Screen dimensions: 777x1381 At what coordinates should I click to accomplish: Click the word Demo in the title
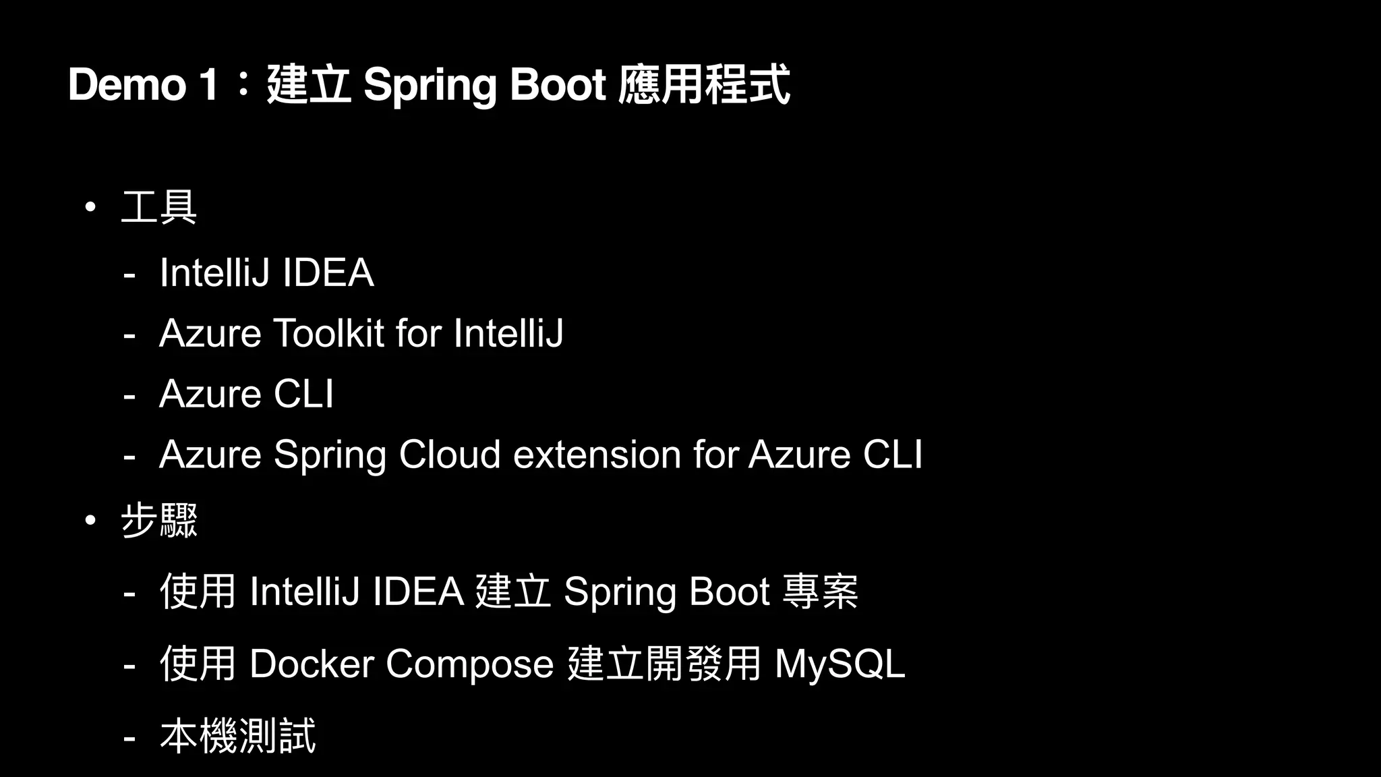tap(127, 85)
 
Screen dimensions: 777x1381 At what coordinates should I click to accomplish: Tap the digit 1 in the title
tap(208, 85)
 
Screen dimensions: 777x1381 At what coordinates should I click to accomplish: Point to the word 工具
tap(159, 207)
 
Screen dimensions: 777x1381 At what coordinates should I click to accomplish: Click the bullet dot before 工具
tap(90, 207)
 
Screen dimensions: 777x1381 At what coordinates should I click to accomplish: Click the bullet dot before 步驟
tap(90, 521)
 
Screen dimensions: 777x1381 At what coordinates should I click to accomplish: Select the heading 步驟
tap(159, 521)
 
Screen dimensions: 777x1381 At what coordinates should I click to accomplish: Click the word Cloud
tap(450, 455)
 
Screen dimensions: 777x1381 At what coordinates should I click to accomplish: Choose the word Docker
tap(312, 664)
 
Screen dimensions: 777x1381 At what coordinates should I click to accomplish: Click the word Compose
tap(470, 665)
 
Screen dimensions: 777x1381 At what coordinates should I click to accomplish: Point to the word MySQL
tap(840, 664)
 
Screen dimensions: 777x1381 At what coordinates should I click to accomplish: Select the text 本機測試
tap(237, 736)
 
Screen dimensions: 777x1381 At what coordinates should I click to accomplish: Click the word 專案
tap(820, 592)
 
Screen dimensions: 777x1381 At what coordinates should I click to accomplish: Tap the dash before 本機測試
tap(129, 738)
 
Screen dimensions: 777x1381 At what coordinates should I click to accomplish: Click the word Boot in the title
tap(558, 85)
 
